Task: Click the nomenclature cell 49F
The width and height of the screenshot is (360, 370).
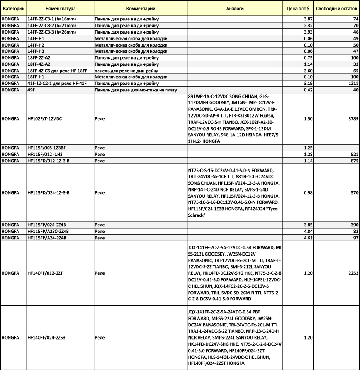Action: pyautogui.click(x=32, y=90)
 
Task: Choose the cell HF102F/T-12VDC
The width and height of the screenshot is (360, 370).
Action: pyautogui.click(x=44, y=118)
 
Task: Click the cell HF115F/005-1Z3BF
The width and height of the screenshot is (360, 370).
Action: pyautogui.click(x=47, y=148)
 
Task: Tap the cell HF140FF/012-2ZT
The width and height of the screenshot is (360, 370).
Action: pyautogui.click(x=45, y=273)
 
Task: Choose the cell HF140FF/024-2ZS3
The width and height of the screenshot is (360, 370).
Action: pyautogui.click(x=46, y=337)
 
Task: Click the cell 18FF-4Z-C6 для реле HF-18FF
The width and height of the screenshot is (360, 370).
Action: pyautogui.click(x=58, y=71)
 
